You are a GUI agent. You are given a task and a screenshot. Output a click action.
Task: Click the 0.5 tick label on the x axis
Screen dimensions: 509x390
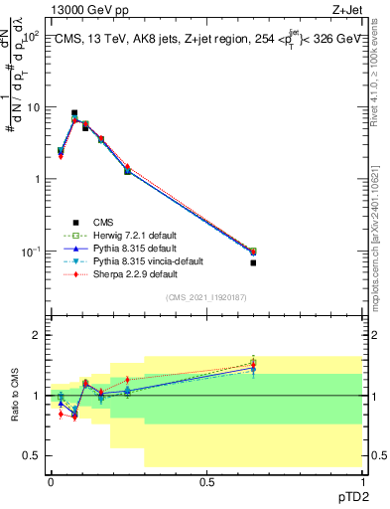(x=206, y=480)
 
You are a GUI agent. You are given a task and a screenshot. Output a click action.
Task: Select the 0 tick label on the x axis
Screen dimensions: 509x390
(x=51, y=480)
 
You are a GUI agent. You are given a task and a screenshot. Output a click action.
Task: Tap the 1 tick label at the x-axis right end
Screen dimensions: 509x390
(x=362, y=480)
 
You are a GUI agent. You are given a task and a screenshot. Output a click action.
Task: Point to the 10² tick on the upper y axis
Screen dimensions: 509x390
(x=32, y=36)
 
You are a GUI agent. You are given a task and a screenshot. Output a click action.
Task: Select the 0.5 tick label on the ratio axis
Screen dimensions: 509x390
(x=34, y=455)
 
